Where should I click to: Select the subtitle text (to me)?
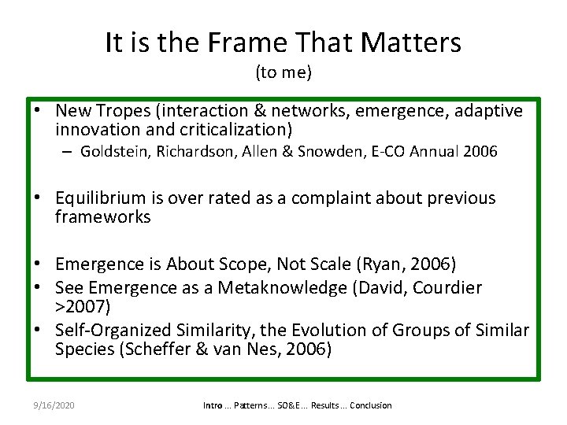[283, 73]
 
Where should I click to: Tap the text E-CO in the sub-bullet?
[372, 152]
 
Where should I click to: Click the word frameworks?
[102, 216]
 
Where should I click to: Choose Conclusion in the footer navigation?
[370, 405]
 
